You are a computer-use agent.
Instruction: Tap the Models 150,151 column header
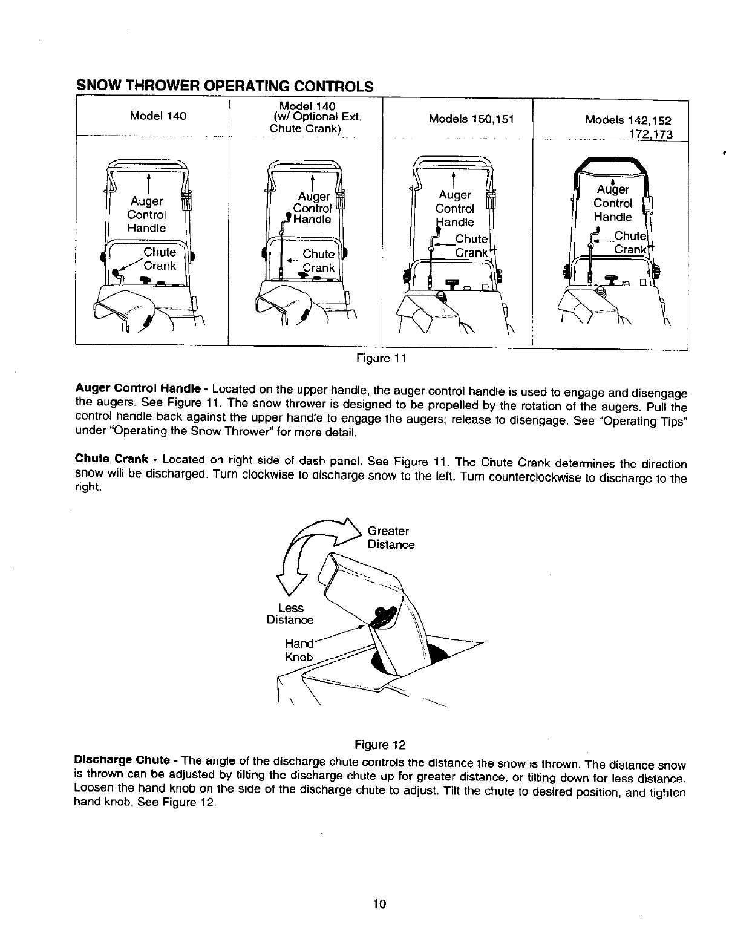point(471,119)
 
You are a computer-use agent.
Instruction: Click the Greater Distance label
point(391,538)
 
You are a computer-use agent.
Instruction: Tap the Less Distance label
point(290,613)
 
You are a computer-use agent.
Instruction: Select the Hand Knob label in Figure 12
point(299,650)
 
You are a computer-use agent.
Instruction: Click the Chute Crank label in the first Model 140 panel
point(160,259)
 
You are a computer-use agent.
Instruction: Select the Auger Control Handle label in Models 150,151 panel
point(455,209)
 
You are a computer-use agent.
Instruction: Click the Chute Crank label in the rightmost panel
point(629,242)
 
